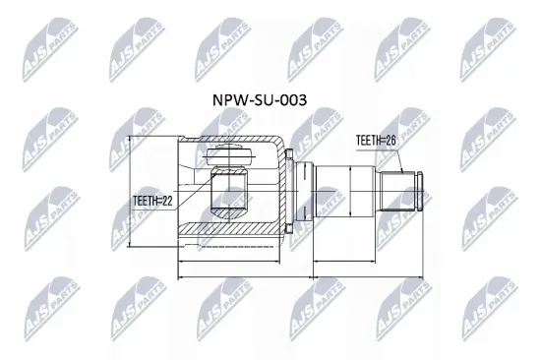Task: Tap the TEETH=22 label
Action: click(x=152, y=201)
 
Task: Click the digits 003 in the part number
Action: click(x=296, y=100)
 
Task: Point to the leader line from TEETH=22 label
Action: click(x=192, y=191)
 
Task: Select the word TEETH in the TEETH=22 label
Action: click(x=146, y=201)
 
